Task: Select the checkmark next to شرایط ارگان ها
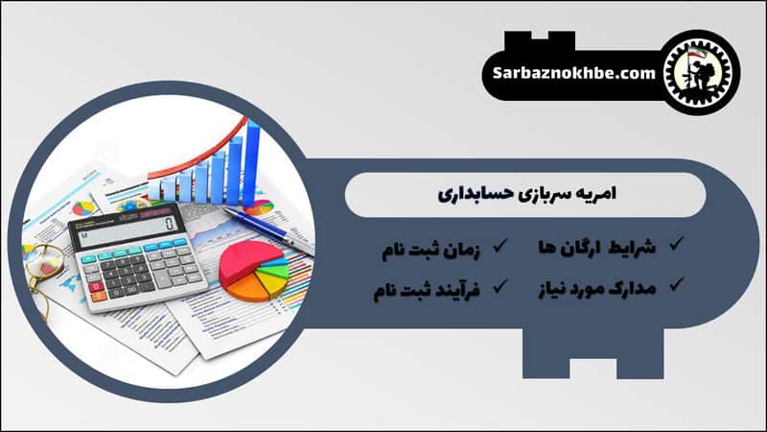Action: (676, 246)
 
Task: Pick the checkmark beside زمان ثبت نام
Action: (500, 247)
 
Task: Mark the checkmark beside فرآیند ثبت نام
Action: (500, 285)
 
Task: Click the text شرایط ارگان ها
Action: (600, 247)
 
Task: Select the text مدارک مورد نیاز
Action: (596, 285)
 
